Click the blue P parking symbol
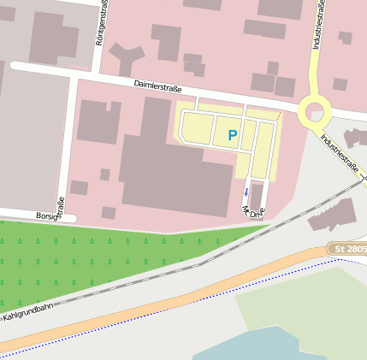(x=232, y=135)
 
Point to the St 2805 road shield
(x=346, y=248)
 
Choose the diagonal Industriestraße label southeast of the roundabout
(x=340, y=152)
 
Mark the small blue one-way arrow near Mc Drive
(x=246, y=192)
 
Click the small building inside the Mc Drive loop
(x=256, y=196)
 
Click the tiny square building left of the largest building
(x=104, y=174)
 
